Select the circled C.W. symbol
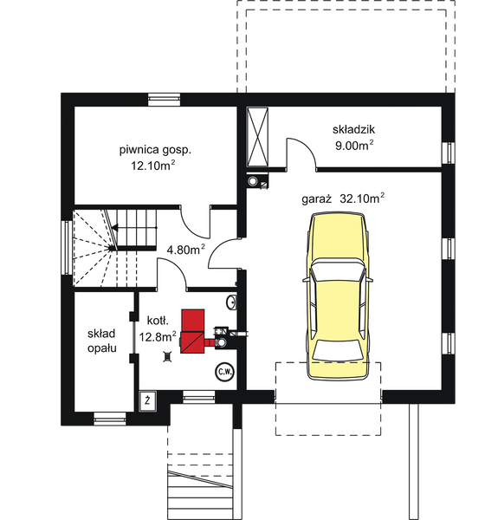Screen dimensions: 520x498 224,373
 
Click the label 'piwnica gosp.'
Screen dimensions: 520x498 155,149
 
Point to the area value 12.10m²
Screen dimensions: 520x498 154,165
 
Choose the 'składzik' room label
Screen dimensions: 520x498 354,129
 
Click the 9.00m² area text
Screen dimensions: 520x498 355,145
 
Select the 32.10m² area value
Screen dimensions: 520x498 363,198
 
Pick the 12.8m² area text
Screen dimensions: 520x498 158,336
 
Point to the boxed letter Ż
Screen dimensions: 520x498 149,400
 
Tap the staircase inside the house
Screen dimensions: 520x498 113,247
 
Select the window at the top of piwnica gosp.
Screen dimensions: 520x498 164,99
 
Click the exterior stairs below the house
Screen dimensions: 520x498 201,490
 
